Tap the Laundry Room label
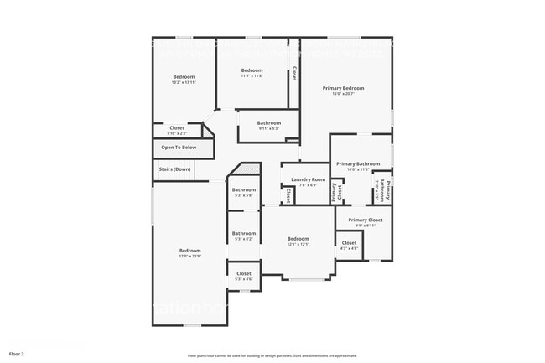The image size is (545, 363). click(308, 179)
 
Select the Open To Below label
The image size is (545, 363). click(179, 148)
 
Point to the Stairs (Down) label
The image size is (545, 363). click(175, 169)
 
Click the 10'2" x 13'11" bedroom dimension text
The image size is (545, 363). click(183, 82)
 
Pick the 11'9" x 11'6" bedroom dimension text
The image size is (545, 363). click(252, 76)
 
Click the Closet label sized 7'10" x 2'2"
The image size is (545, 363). click(177, 128)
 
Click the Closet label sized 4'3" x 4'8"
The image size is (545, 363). click(349, 243)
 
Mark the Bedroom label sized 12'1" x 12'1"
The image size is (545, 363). click(298, 238)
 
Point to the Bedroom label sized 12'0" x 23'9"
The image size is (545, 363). click(189, 251)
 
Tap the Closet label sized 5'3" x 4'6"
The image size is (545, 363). click(244, 273)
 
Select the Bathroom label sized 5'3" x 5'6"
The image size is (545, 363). click(244, 189)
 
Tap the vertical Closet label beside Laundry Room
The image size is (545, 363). click(288, 194)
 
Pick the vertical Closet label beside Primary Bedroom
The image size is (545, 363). click(294, 74)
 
